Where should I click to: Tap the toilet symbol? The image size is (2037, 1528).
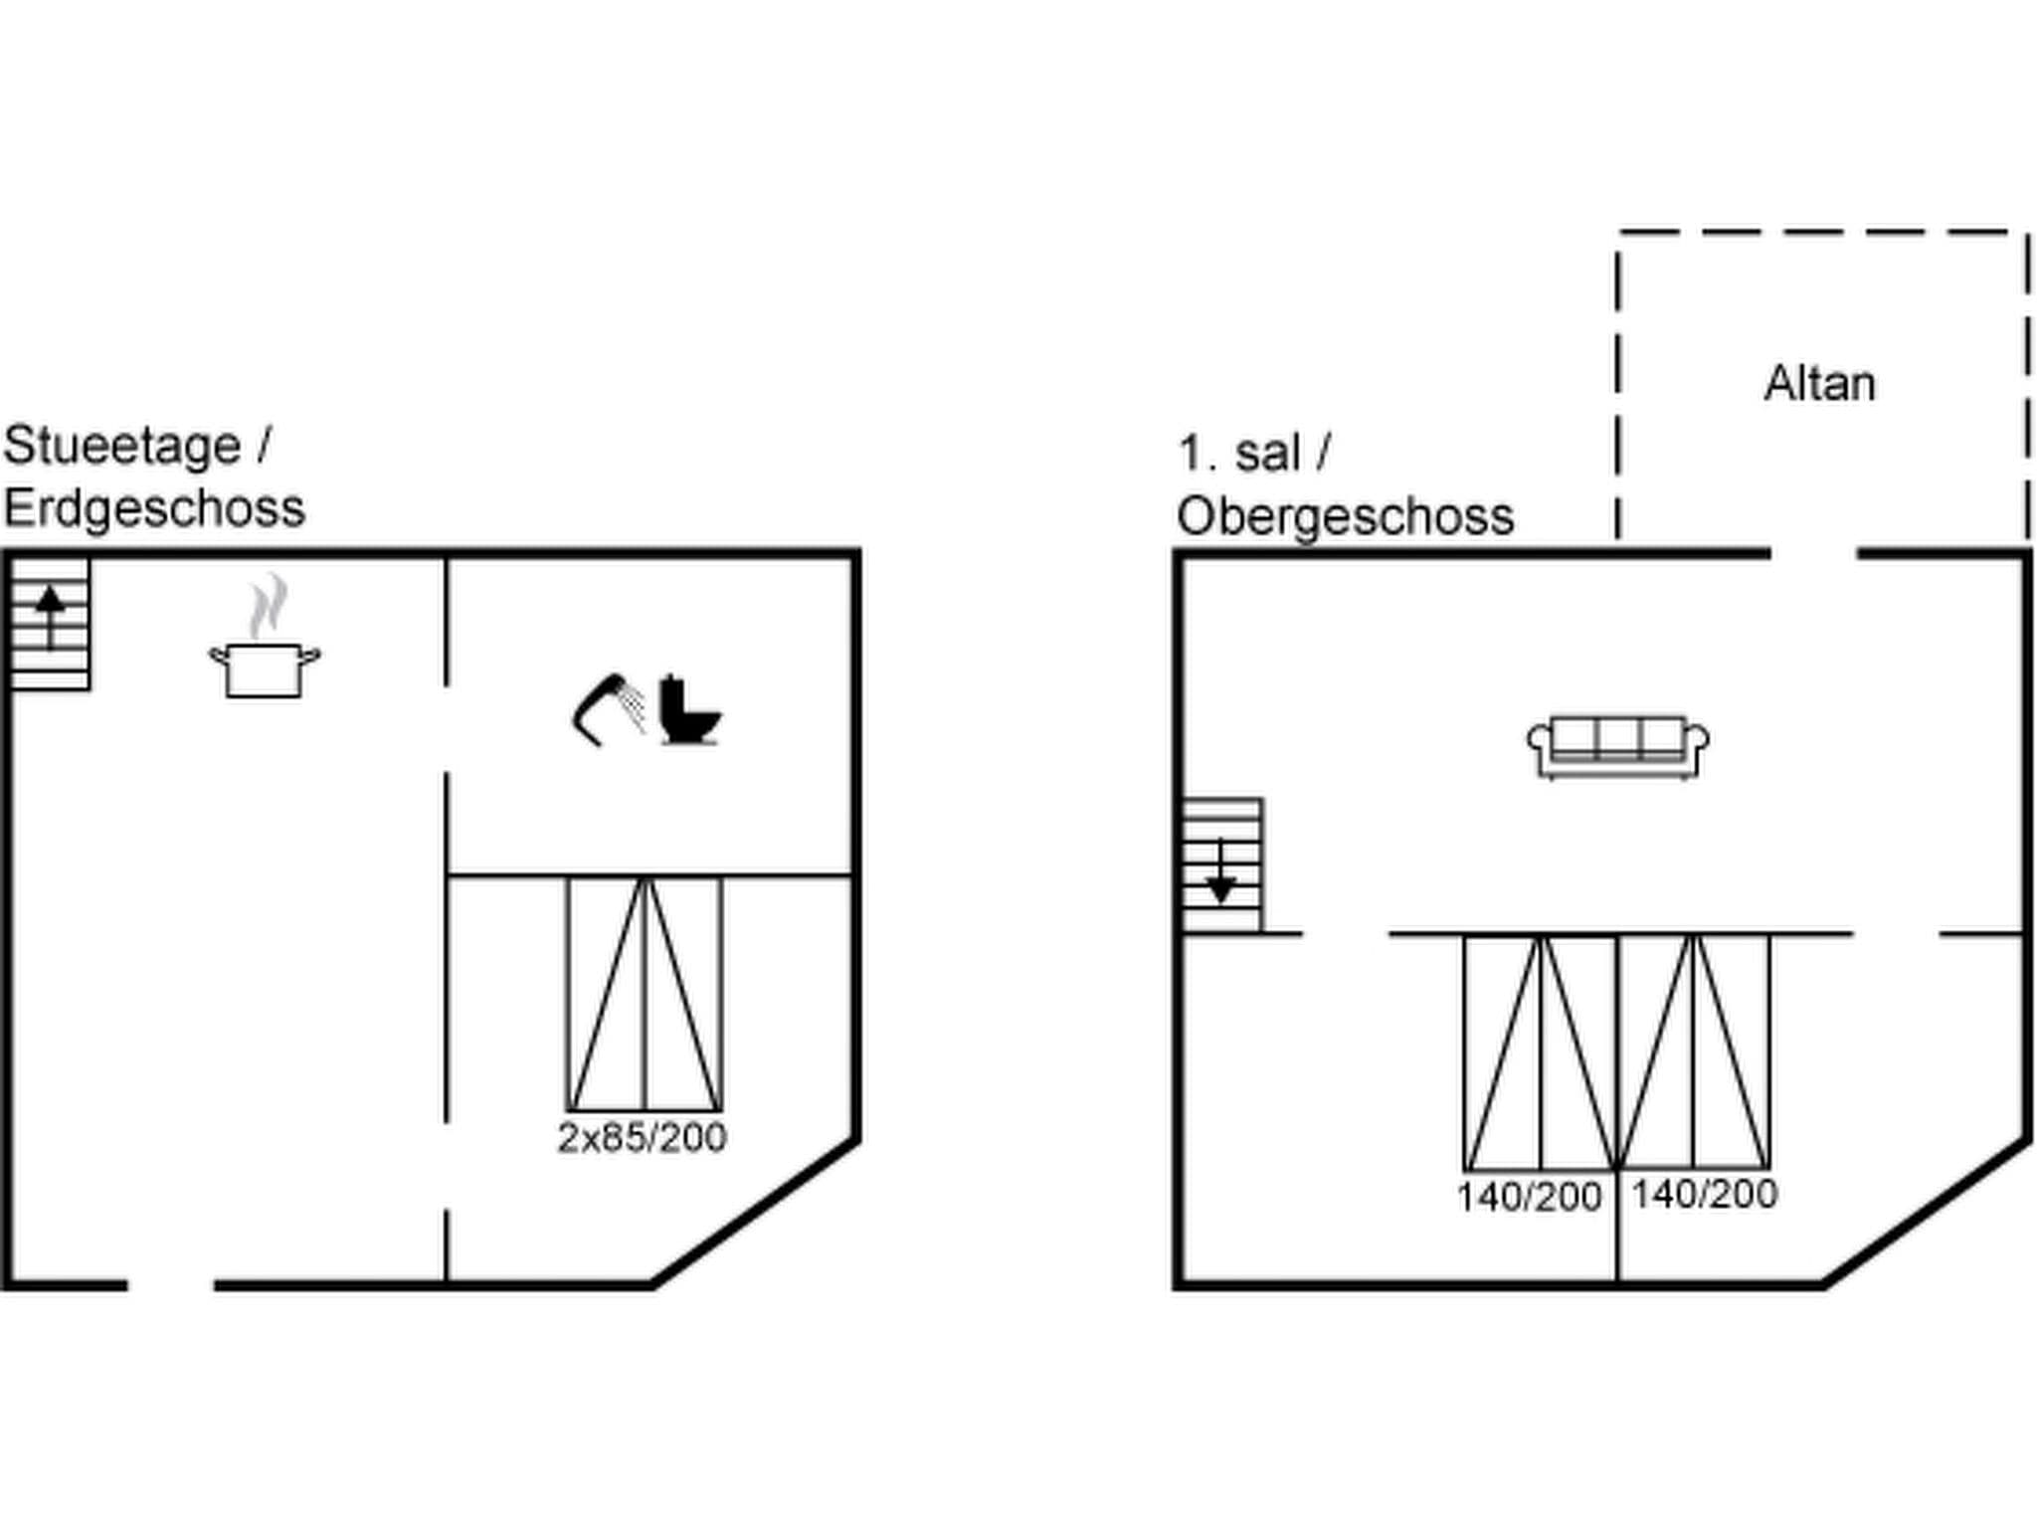(688, 709)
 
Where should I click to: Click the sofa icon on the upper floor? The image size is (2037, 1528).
(1617, 746)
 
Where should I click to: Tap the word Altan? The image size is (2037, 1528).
(1819, 384)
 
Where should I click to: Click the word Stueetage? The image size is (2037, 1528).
(121, 446)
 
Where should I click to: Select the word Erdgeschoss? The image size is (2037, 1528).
(154, 509)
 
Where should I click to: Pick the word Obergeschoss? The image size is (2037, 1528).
(1345, 517)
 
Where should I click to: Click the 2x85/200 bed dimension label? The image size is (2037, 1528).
(642, 1137)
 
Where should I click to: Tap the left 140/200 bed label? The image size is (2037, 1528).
(1529, 1197)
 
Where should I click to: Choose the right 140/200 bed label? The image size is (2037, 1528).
(1704, 1194)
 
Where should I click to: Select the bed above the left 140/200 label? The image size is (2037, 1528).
(1540, 1052)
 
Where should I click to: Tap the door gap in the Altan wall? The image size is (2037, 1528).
(1813, 553)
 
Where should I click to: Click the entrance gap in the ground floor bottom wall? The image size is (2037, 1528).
(171, 1285)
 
